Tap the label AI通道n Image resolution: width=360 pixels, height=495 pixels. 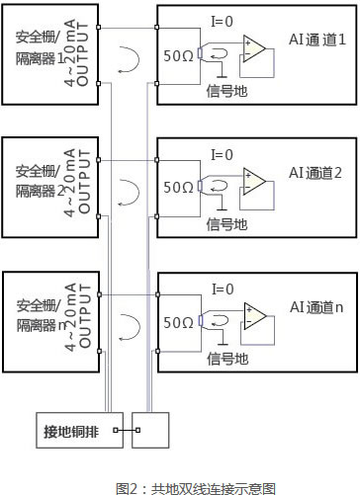click(x=315, y=308)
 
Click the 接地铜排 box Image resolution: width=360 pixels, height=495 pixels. click(x=72, y=430)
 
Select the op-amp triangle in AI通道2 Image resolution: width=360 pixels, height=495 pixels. click(x=255, y=183)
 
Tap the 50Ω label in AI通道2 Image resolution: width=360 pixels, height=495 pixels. click(x=179, y=186)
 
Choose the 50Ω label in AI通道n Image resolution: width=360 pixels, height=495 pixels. click(x=179, y=321)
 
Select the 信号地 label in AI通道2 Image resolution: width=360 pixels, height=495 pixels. click(x=225, y=224)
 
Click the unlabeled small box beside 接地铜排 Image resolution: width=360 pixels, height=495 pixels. click(x=151, y=430)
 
